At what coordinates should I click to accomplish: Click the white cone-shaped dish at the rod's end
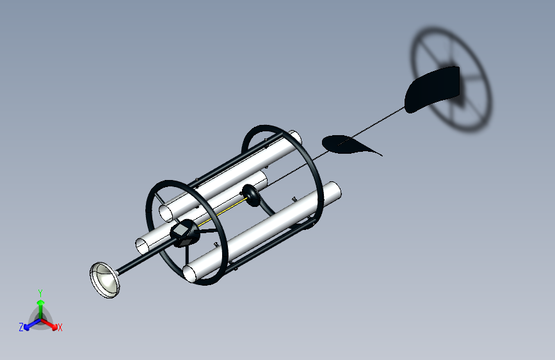pyautogui.click(x=104, y=280)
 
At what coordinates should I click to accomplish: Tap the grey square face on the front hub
pyautogui.click(x=181, y=231)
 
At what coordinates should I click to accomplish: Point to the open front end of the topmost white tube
pyautogui.click(x=166, y=213)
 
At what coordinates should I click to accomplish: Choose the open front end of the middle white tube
pyautogui.click(x=143, y=246)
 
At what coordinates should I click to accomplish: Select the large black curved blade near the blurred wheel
pyautogui.click(x=433, y=89)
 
